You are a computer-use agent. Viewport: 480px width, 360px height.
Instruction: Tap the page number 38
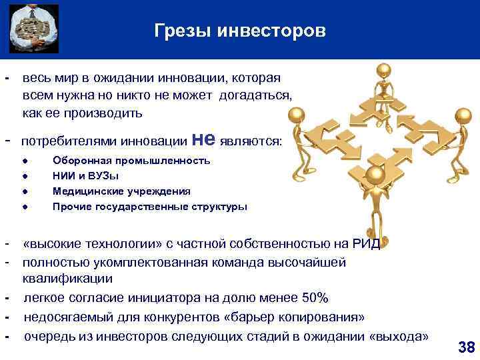[466, 347]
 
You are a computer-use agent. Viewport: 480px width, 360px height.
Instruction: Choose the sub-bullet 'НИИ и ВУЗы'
[86, 176]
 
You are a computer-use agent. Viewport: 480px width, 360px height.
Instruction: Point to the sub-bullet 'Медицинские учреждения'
[121, 191]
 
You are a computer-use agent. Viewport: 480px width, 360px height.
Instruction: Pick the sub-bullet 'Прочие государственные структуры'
[150, 207]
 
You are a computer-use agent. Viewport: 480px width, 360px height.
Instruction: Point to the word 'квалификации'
[67, 279]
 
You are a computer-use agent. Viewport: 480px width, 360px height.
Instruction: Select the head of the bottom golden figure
[375, 175]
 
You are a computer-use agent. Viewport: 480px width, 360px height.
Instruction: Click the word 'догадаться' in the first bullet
[255, 96]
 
